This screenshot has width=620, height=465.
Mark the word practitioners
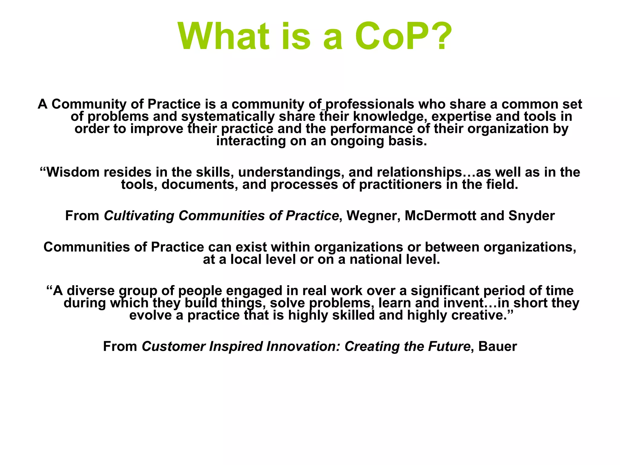400,185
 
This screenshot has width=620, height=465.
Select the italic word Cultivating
139,216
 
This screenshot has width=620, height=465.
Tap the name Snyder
532,216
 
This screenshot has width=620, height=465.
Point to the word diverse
91,291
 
